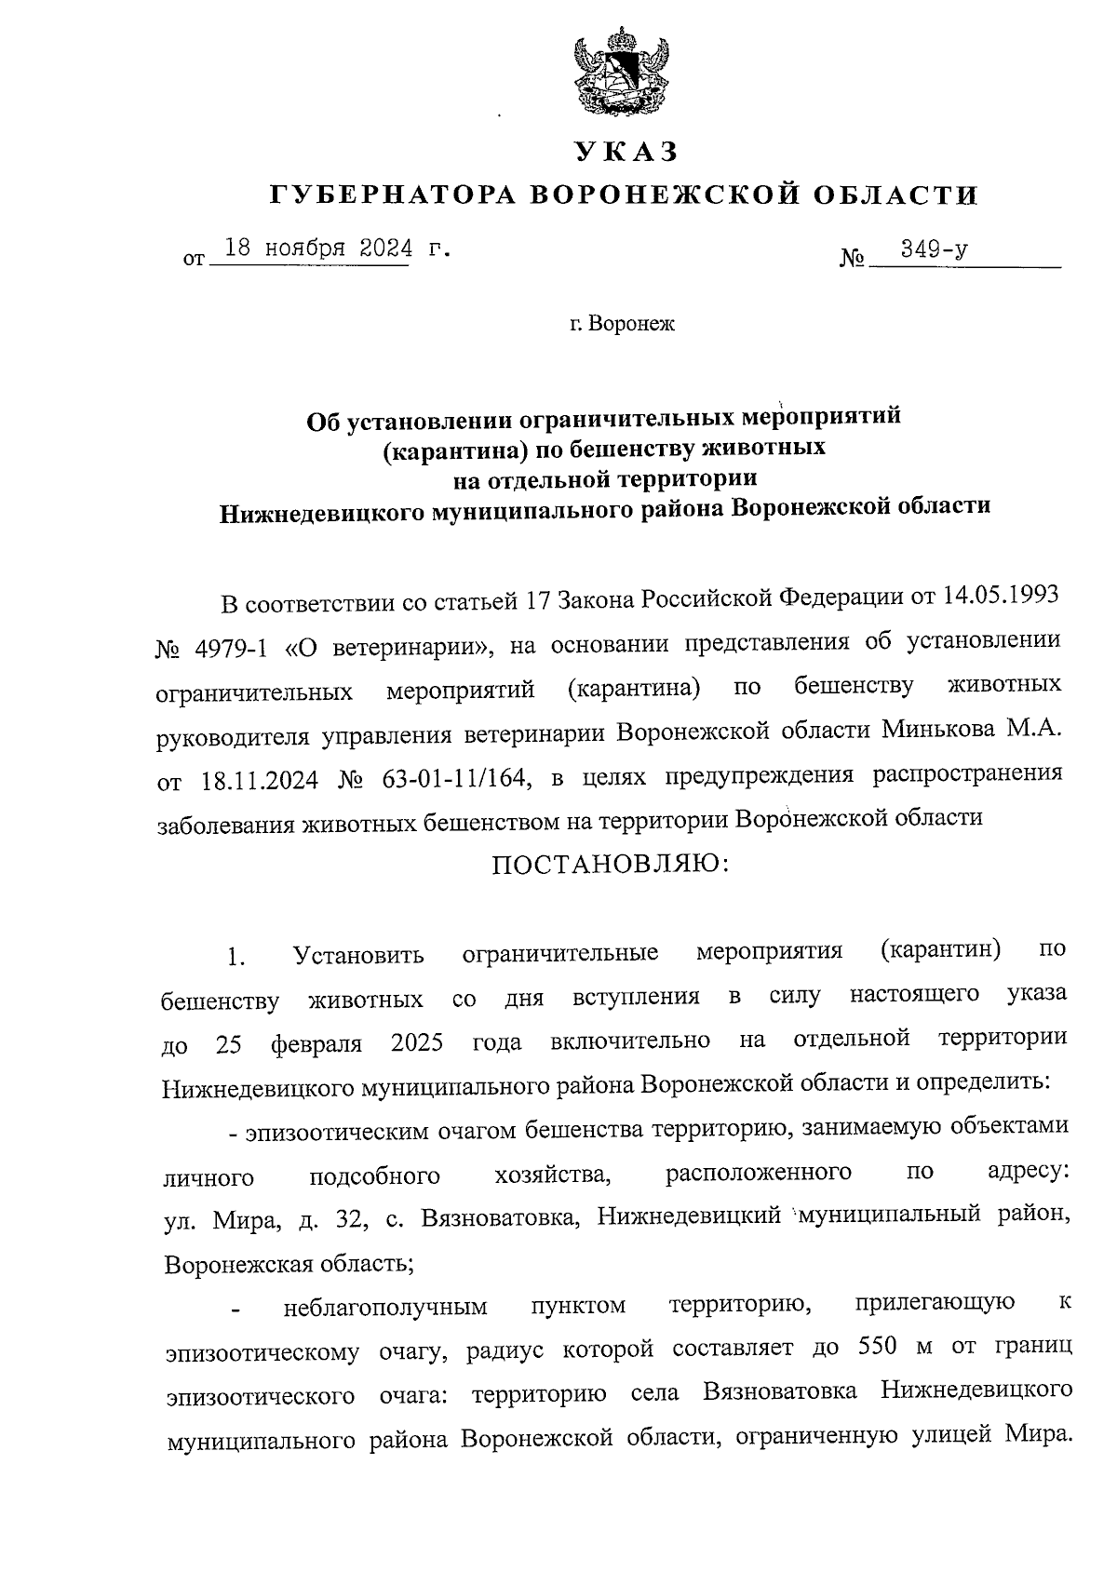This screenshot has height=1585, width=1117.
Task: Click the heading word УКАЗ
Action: [625, 151]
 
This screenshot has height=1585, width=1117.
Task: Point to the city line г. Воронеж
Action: [623, 325]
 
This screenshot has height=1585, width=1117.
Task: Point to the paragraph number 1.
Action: [236, 956]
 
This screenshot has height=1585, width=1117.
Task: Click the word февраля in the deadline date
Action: [316, 1042]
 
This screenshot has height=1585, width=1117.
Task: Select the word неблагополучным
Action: [385, 1307]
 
